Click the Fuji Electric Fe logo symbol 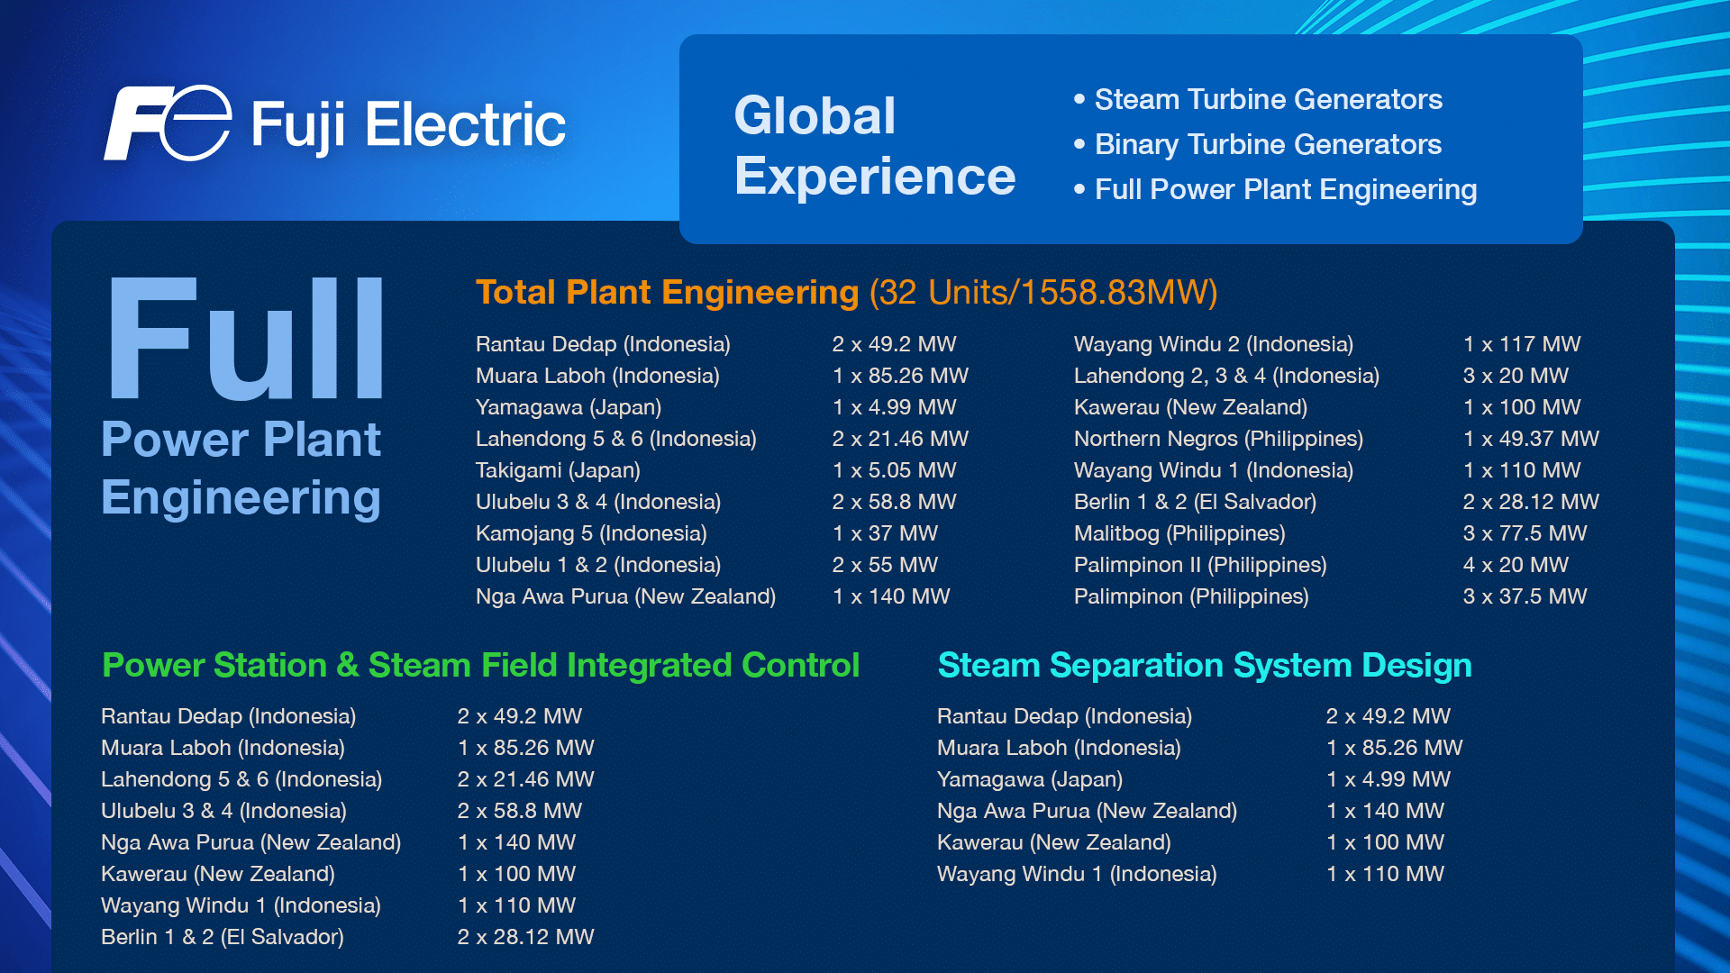click(x=168, y=123)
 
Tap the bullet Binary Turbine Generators click(x=1267, y=144)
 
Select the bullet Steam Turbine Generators click(x=1267, y=99)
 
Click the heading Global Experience click(x=873, y=146)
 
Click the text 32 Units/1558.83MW click(x=1043, y=293)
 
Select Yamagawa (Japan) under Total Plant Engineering click(x=568, y=407)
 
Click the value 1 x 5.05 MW click(x=894, y=470)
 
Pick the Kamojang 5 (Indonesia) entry click(x=590, y=533)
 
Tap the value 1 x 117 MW click(x=1521, y=344)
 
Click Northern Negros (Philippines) click(x=1217, y=439)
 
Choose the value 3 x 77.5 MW click(x=1524, y=533)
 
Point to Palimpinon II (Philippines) click(x=1199, y=565)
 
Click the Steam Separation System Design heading click(x=1204, y=666)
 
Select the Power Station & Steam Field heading click(x=480, y=666)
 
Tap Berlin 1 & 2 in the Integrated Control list click(x=222, y=937)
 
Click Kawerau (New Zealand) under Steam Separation click(x=1053, y=842)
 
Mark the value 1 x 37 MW click(x=884, y=533)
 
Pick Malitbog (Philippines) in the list click(x=1179, y=533)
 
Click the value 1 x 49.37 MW click(x=1530, y=439)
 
